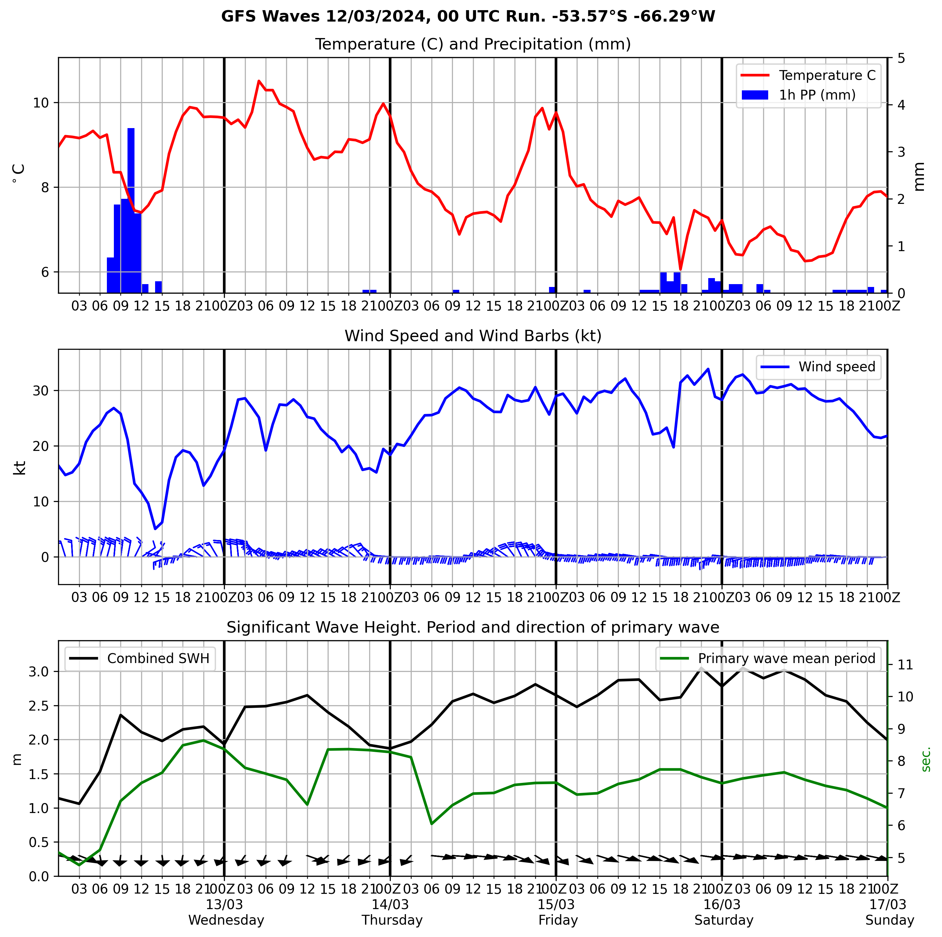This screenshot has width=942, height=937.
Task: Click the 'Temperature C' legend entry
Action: [827, 75]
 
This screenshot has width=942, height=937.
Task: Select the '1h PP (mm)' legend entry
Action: [817, 95]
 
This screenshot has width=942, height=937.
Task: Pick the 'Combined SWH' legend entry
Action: [158, 659]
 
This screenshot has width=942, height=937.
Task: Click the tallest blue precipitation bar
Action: [131, 210]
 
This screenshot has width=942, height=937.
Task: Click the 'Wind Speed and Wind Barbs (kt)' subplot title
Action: [473, 336]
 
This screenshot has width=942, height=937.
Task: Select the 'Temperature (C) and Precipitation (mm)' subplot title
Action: [473, 44]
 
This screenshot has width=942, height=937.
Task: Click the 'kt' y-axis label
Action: [19, 467]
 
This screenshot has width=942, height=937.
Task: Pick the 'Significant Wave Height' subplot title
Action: [473, 628]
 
